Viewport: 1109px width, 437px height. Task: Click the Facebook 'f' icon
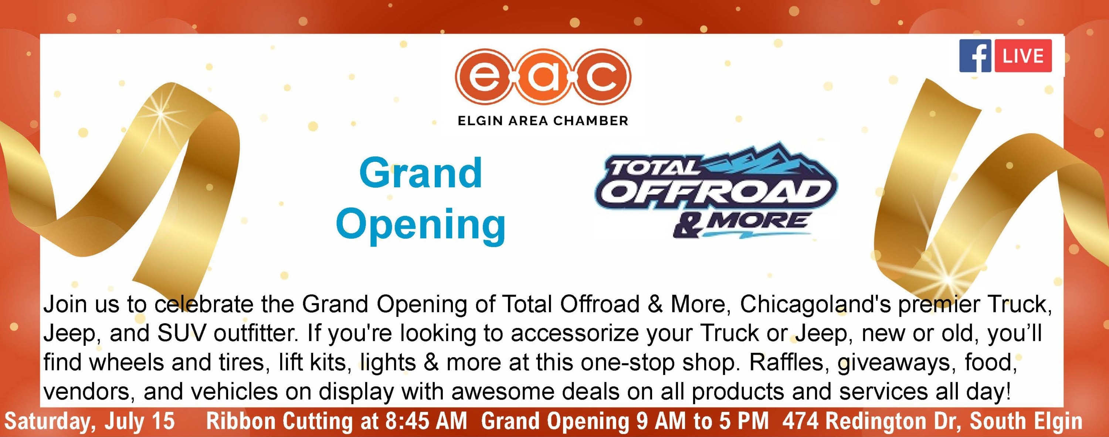pos(975,56)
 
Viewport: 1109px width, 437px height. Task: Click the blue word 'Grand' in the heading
pos(421,173)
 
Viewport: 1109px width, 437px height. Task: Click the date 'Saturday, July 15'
pos(89,421)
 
